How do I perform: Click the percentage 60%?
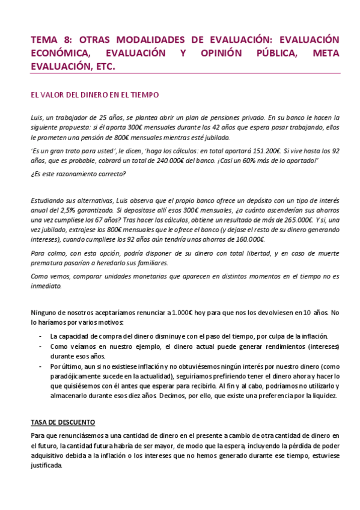point(239,162)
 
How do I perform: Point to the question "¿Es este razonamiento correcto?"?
point(78,175)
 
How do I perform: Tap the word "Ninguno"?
point(45,312)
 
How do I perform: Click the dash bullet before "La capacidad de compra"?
point(40,337)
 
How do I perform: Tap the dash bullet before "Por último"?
point(40,366)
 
